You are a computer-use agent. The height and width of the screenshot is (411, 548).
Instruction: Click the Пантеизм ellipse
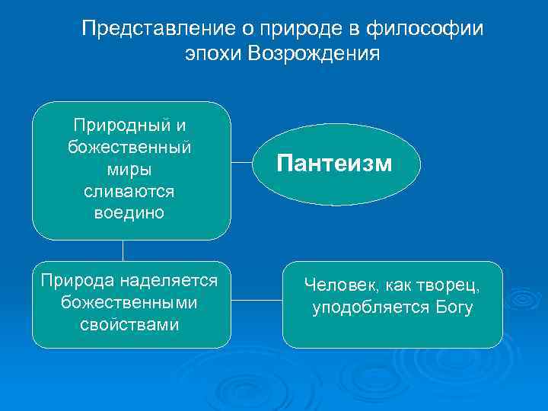tap(335, 164)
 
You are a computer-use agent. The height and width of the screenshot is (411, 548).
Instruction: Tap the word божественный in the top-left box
tap(129, 146)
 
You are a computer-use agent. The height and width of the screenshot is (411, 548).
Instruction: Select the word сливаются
tap(129, 190)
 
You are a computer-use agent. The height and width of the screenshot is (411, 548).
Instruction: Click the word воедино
tap(129, 212)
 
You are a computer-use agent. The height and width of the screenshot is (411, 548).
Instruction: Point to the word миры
tap(129, 168)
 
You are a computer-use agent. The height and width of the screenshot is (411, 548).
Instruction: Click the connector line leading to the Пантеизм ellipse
tap(242, 162)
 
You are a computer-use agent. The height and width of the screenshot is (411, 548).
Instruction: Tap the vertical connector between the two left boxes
tap(123, 250)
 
